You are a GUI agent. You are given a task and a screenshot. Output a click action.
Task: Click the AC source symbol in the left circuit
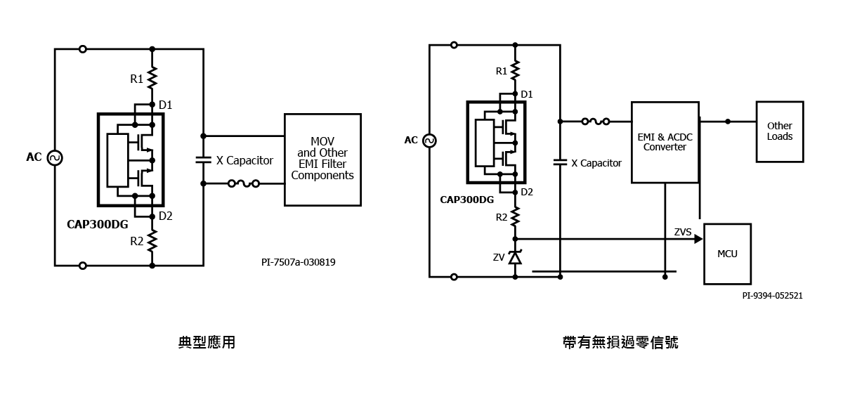[55, 157]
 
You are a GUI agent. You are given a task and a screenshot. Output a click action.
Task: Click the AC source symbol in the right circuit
[429, 141]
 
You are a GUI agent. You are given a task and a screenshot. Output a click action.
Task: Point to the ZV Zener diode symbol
[515, 257]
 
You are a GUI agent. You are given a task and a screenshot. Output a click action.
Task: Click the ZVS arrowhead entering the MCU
[698, 239]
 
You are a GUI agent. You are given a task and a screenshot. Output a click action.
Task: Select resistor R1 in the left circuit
[152, 78]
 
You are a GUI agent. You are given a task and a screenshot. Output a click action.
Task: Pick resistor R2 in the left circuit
[152, 241]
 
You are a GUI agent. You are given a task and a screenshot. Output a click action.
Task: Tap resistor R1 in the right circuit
[515, 70]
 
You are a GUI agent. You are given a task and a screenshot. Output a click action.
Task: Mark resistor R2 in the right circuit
[515, 216]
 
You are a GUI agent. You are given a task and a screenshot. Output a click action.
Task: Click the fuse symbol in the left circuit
[244, 183]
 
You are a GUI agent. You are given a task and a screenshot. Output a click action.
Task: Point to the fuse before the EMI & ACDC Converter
[596, 122]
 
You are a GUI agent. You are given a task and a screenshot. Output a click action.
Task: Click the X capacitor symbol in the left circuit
[203, 160]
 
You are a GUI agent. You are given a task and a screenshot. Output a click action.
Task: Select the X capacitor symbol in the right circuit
[560, 162]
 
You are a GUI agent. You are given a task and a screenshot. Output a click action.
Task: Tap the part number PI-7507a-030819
[299, 262]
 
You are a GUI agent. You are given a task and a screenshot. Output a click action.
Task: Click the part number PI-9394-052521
[772, 296]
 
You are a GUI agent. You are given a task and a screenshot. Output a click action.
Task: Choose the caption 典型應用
[207, 342]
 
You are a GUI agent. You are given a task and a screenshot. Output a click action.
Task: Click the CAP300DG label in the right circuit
[466, 200]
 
